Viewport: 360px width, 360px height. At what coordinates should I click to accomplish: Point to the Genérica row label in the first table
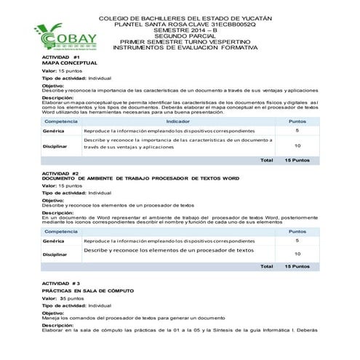pos(54,131)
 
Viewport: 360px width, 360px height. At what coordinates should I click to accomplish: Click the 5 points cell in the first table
pos(297,130)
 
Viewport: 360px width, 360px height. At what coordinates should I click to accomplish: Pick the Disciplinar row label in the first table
pos(55,145)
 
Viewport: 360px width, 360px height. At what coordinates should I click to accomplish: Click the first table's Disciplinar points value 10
pos(297,145)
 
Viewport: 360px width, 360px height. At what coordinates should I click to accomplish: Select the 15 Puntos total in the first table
pos(297,160)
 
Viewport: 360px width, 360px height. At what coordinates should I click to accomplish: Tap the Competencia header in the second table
pos(61,230)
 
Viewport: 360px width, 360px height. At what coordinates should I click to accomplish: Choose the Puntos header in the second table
pos(297,230)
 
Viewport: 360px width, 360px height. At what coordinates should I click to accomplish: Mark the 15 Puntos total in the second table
pos(297,266)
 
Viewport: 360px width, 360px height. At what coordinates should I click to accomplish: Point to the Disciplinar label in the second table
pos(55,254)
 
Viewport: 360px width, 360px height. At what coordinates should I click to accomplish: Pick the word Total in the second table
pos(266,266)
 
